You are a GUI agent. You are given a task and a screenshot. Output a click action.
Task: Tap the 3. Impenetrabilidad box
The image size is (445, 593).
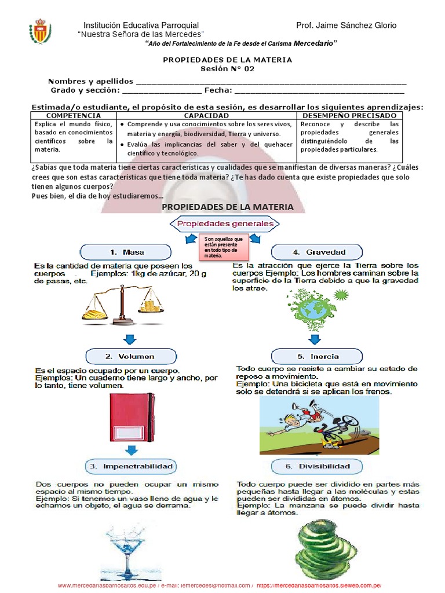pos(132,466)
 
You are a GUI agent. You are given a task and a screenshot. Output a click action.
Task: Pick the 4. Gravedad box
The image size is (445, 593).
pos(317,252)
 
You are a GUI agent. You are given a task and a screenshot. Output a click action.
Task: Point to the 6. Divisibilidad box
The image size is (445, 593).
pos(317,466)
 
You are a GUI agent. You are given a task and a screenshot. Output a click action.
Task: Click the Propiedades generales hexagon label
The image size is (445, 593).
pos(225,223)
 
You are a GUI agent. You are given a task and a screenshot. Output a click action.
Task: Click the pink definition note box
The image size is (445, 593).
pos(225,247)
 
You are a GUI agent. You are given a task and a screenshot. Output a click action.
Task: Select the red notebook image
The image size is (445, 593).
pos(132,416)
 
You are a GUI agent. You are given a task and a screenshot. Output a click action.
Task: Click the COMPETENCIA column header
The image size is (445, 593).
pos(74,116)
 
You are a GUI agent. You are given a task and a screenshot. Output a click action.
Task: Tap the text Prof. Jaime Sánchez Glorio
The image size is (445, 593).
pos(346,25)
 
